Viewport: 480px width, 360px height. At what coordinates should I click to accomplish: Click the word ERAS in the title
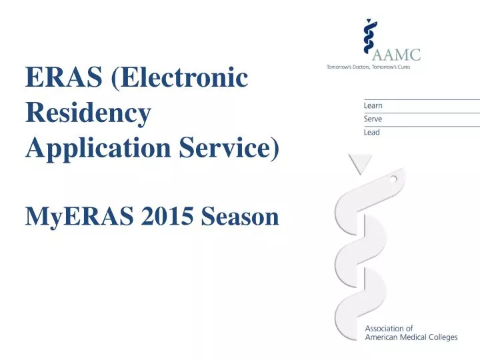(x=65, y=79)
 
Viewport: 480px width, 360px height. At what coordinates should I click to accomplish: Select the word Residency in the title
(x=87, y=114)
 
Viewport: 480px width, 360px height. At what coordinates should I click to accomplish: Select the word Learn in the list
(x=373, y=105)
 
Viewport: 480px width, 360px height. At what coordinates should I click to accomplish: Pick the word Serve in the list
(x=373, y=119)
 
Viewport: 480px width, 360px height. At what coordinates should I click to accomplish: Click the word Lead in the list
(x=372, y=132)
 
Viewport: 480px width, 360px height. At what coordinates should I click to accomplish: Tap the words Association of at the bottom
(x=389, y=328)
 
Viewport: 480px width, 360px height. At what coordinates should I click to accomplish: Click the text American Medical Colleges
(x=411, y=337)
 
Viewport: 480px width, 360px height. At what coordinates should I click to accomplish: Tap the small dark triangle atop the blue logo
(x=369, y=21)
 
